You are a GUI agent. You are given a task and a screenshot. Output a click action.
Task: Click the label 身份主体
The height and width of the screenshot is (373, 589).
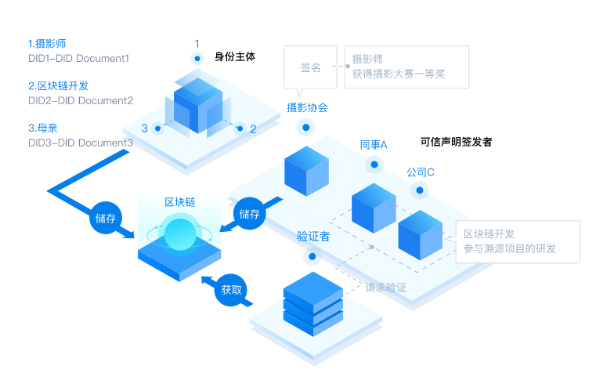click(x=235, y=57)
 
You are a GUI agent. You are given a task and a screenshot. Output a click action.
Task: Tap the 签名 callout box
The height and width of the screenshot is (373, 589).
click(x=311, y=67)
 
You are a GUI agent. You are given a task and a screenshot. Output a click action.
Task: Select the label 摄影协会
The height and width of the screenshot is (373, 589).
click(x=307, y=107)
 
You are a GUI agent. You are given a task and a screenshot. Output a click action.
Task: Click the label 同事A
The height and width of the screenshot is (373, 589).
click(x=374, y=145)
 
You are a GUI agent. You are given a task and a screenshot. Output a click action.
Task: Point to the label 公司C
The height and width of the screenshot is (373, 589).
click(x=420, y=172)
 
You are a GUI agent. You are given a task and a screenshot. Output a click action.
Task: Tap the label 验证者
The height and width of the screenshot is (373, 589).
click(x=313, y=236)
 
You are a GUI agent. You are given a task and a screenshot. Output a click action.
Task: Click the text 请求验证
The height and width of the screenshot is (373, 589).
click(x=386, y=288)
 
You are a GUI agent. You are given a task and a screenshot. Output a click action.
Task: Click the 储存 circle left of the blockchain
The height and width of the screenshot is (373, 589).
click(x=106, y=218)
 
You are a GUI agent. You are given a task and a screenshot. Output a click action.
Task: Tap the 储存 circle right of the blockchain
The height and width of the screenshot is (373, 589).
click(x=249, y=213)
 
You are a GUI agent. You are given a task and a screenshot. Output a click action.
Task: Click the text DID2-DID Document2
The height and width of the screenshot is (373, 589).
click(x=80, y=100)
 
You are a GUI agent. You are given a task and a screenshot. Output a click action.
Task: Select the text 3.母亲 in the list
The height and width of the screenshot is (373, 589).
click(x=47, y=128)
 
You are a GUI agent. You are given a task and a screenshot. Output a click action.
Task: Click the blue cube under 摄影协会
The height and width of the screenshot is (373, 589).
click(x=306, y=170)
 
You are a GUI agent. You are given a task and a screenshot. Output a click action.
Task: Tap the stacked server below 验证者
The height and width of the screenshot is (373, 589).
click(x=313, y=300)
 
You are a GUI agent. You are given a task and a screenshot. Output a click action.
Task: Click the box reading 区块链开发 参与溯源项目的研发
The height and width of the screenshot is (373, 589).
click(x=517, y=241)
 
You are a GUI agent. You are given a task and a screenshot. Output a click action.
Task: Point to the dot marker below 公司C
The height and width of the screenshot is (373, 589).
click(x=421, y=190)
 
